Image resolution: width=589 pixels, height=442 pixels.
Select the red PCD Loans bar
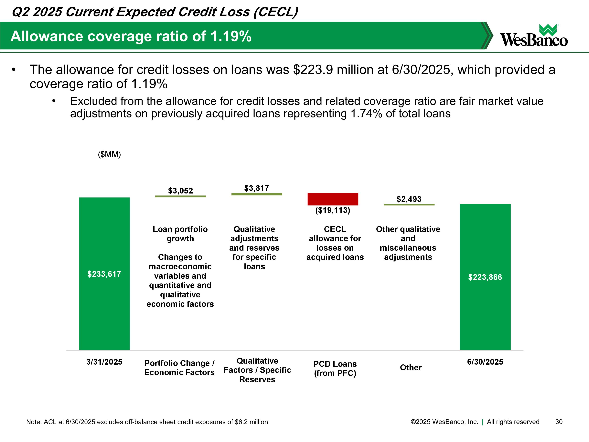pyautogui.click(x=333, y=199)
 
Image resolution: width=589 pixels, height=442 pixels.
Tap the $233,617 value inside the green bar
pyautogui.click(x=104, y=274)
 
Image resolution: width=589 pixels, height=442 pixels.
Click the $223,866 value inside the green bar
pyautogui.click(x=485, y=277)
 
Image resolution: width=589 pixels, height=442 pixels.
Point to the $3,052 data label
pyautogui.click(x=180, y=191)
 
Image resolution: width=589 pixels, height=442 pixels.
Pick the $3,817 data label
pyautogui.click(x=256, y=188)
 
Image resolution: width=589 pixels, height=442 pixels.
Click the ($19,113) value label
pyautogui.click(x=333, y=210)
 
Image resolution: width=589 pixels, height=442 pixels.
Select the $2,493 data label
pyautogui.click(x=409, y=199)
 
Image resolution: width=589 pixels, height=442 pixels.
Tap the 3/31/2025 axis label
pyautogui.click(x=104, y=362)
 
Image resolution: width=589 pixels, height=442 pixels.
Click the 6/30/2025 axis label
pyautogui.click(x=485, y=362)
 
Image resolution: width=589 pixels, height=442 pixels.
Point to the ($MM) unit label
pyautogui.click(x=109, y=154)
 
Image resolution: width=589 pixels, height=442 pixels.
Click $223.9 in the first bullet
pyautogui.click(x=313, y=70)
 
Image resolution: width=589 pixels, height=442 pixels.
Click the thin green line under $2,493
pyautogui.click(x=409, y=205)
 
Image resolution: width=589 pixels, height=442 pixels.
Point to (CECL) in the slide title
pyautogui.click(x=276, y=12)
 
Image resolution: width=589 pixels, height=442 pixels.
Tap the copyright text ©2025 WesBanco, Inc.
pyautogui.click(x=444, y=422)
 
